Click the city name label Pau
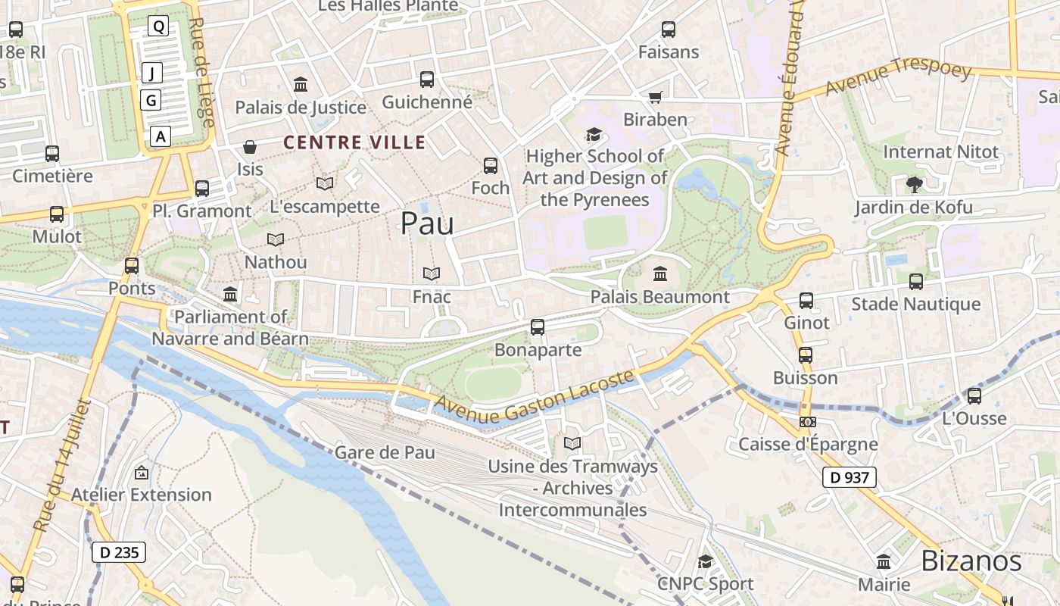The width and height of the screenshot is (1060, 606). [x=427, y=223]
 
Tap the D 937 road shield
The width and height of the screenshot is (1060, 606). [x=849, y=477]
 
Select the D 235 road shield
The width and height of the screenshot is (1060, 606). [x=119, y=552]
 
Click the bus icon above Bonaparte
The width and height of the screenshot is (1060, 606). [x=538, y=327]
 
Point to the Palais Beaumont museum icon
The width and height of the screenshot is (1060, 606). [x=659, y=273]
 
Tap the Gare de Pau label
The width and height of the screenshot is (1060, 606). [x=385, y=453]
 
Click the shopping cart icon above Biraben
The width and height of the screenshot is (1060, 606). [x=655, y=97]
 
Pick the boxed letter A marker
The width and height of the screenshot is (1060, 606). [x=160, y=136]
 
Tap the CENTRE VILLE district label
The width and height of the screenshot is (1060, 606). [x=354, y=142]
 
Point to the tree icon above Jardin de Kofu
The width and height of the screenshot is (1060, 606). [x=914, y=184]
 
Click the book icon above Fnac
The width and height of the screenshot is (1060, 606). [x=432, y=273]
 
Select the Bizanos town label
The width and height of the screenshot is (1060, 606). [x=971, y=561]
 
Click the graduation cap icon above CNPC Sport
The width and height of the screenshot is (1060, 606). [x=705, y=561]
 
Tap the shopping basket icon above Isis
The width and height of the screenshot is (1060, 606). [x=250, y=146]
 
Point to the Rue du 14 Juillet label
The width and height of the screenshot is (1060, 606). [x=62, y=465]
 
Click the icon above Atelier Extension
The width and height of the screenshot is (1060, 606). [x=141, y=473]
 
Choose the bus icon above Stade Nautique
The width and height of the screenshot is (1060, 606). [x=915, y=282]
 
